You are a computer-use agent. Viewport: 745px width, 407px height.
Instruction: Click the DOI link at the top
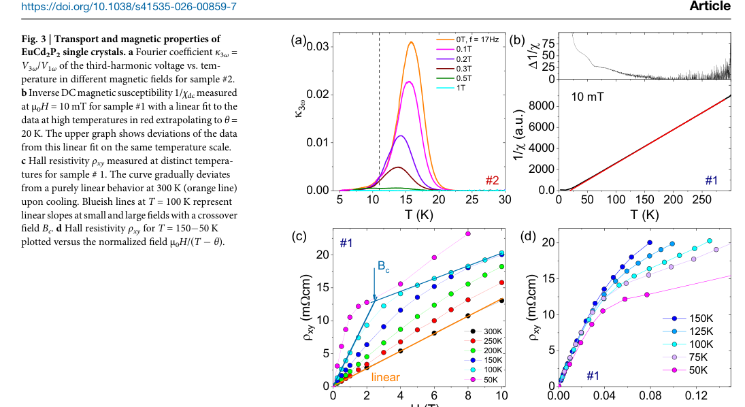[129, 7]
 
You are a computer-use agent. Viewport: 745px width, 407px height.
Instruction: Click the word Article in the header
[710, 5]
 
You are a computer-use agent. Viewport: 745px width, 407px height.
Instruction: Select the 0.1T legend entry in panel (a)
[454, 50]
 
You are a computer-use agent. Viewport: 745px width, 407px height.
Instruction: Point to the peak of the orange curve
[411, 42]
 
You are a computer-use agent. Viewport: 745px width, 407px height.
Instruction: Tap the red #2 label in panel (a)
[492, 180]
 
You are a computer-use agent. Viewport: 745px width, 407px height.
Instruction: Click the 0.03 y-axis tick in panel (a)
[318, 46]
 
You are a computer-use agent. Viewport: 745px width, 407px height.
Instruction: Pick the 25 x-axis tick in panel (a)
[471, 199]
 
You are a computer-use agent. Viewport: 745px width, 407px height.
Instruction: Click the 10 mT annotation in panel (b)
[587, 97]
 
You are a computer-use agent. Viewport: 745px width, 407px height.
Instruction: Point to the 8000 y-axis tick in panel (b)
[542, 105]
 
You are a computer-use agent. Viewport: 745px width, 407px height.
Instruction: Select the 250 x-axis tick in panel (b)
[701, 199]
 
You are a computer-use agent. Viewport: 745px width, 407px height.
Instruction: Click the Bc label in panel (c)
[384, 266]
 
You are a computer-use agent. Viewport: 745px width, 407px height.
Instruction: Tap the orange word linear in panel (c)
[385, 377]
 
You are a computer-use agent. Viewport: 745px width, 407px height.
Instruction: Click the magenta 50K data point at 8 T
[468, 234]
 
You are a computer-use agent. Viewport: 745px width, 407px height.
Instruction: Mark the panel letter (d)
[529, 236]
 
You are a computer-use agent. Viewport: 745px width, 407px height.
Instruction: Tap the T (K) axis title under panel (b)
[644, 215]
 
